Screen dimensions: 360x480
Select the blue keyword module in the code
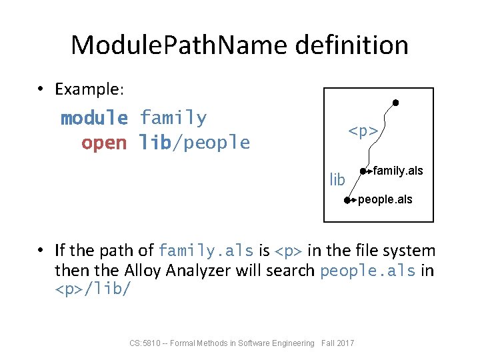click(94, 119)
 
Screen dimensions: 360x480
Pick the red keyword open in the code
click(103, 143)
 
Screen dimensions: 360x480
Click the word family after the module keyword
click(173, 119)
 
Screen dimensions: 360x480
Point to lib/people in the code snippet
click(194, 143)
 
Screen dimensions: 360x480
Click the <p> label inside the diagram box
click(363, 131)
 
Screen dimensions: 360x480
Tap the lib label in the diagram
click(337, 179)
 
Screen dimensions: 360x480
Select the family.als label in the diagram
click(398, 171)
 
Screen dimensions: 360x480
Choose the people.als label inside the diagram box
click(385, 199)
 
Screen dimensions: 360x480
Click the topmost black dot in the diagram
click(395, 103)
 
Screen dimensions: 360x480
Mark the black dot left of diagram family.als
click(363, 171)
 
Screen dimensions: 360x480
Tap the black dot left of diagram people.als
click(347, 200)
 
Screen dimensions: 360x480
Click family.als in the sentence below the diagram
click(206, 251)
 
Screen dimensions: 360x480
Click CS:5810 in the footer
click(145, 343)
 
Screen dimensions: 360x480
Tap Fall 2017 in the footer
click(338, 343)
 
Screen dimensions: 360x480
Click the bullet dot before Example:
click(41, 89)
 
